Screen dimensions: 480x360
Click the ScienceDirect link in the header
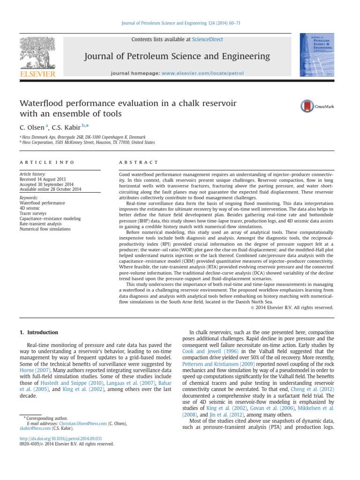pos(207,39)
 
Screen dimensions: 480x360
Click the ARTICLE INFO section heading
pos(46,162)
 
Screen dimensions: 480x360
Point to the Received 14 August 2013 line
pos(43,179)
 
